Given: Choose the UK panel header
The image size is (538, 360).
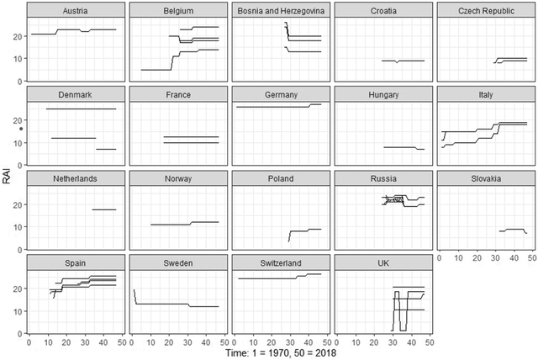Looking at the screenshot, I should click(383, 262).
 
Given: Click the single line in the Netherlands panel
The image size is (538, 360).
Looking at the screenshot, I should click(103, 209).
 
